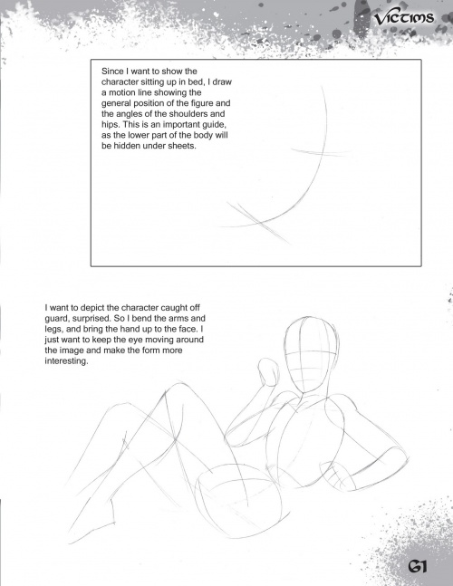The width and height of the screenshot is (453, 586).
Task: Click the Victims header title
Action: point(404,17)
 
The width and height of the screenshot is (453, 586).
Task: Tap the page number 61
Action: point(417,566)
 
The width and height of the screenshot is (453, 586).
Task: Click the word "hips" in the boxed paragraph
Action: point(110,125)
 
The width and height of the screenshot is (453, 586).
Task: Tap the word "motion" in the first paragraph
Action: point(122,92)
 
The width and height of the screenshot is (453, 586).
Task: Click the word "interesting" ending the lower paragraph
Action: point(66,361)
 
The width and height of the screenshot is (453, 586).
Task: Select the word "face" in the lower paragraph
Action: point(189,330)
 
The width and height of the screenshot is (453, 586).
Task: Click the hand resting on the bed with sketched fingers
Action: point(340,476)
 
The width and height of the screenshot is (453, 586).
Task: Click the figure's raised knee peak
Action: point(176,385)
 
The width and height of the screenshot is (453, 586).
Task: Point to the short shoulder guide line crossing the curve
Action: point(321,152)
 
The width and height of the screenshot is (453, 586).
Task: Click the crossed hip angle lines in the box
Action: point(258,223)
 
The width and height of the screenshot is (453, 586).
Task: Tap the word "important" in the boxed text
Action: point(180,124)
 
